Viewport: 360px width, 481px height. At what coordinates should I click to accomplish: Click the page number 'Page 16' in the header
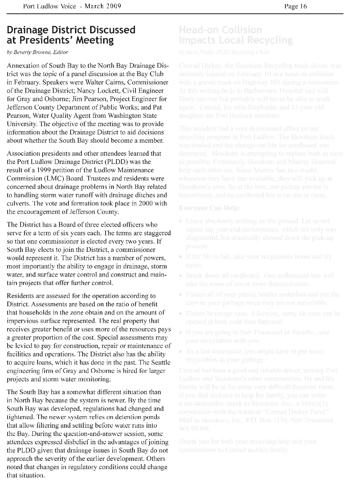(x=295, y=6)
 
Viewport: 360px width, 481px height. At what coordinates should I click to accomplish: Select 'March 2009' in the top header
(x=103, y=6)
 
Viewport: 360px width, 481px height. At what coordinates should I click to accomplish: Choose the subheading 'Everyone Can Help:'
(x=209, y=208)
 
